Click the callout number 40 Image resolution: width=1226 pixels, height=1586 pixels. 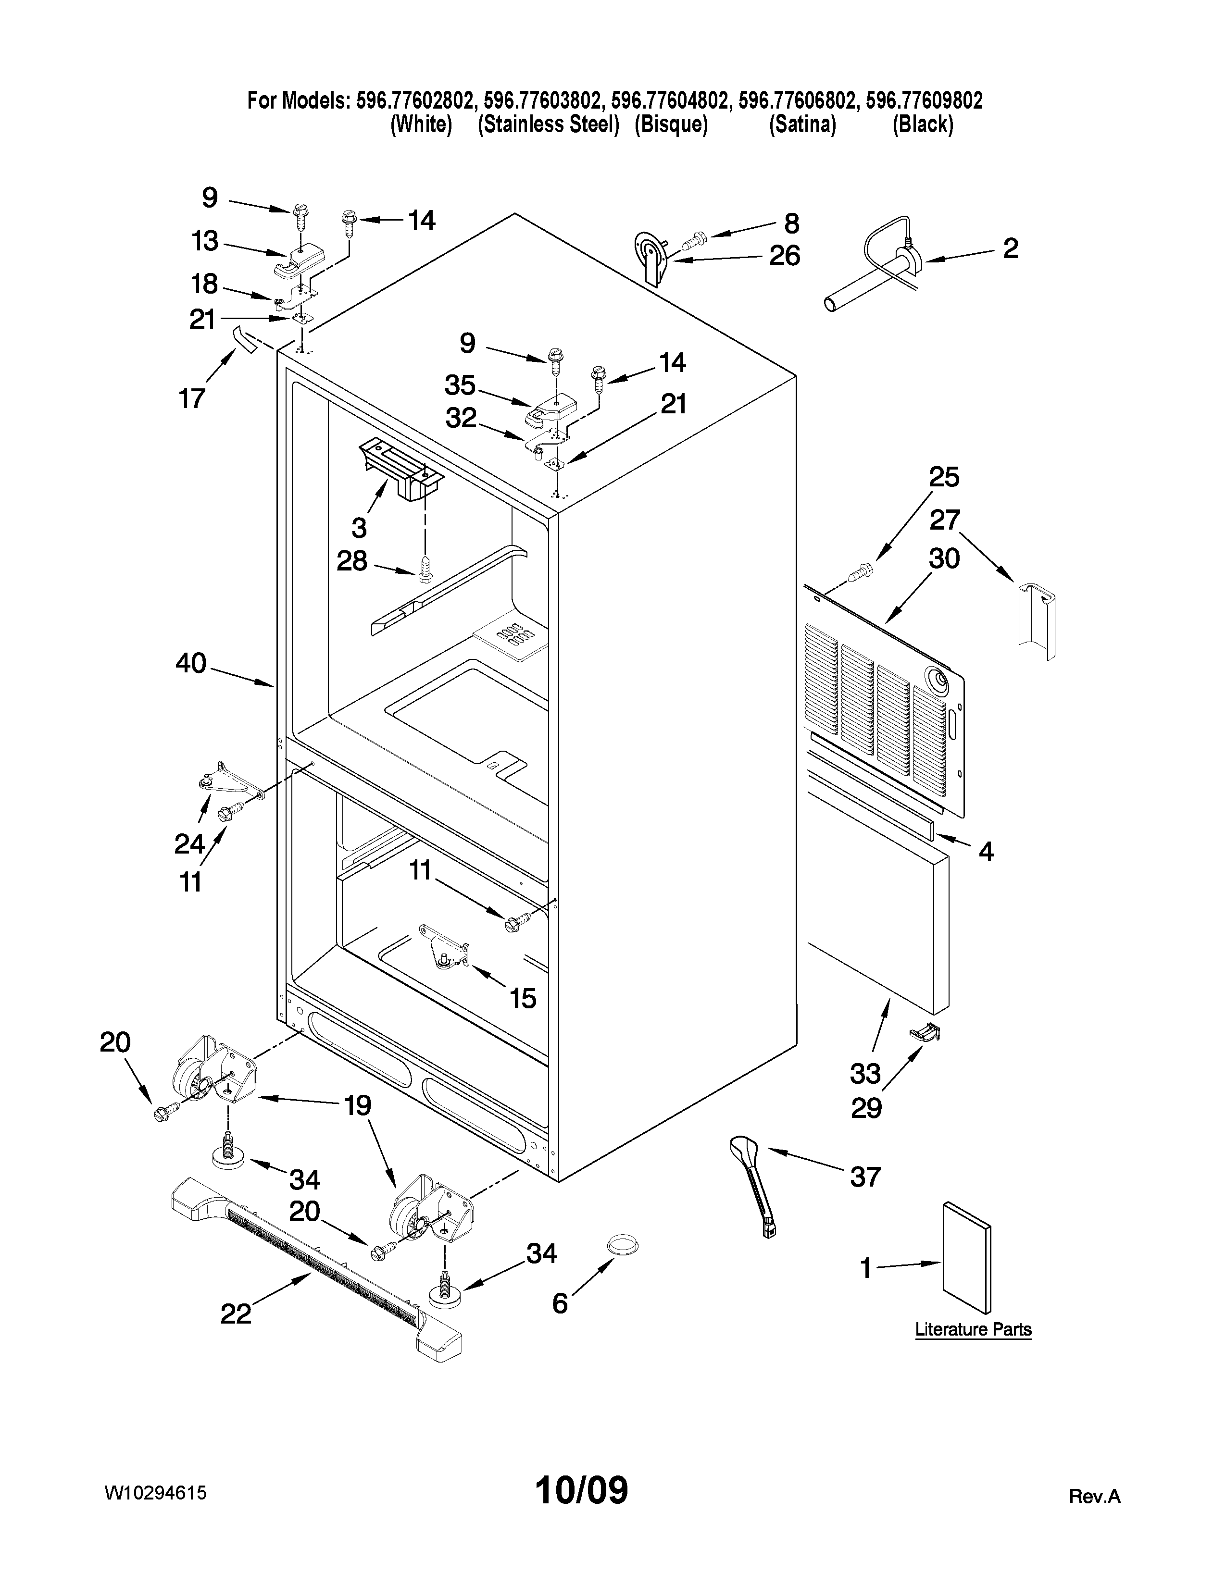click(190, 664)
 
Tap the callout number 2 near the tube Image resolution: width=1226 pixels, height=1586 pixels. click(1010, 248)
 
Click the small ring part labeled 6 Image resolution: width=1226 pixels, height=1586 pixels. click(623, 1244)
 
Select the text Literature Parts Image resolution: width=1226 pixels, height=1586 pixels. click(973, 1330)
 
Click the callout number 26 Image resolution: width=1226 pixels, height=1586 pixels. click(785, 256)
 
